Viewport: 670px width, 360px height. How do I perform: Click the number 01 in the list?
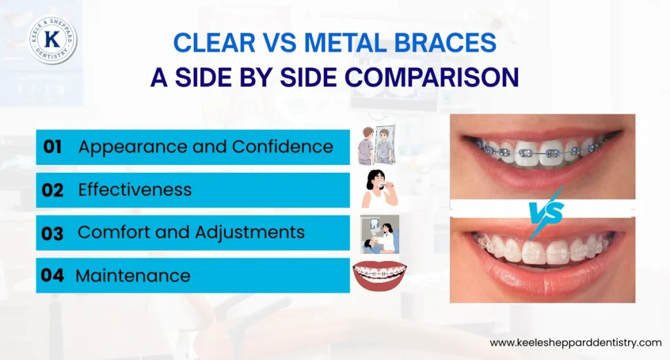[52, 147]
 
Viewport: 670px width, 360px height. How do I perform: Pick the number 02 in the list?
[52, 190]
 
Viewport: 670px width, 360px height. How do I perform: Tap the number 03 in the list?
[52, 232]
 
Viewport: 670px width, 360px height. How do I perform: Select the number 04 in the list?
[52, 275]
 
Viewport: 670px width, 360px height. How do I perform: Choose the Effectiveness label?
[135, 190]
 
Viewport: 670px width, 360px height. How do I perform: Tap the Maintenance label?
[133, 275]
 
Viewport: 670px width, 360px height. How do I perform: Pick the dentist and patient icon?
[379, 234]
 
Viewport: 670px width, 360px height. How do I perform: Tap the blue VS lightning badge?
[542, 209]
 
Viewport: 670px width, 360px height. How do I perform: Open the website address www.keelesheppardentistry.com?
[576, 342]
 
